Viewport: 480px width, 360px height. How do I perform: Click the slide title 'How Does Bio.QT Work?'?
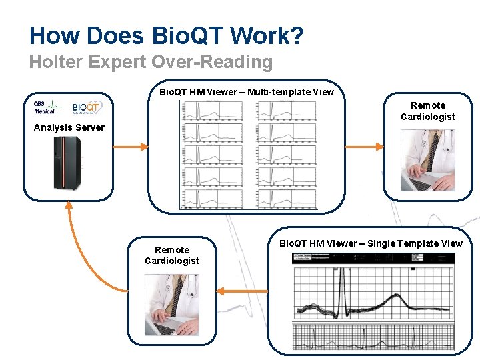coord(167,35)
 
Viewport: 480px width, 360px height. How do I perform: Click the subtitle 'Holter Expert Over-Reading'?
coord(151,63)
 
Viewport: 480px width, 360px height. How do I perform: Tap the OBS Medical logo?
coord(47,107)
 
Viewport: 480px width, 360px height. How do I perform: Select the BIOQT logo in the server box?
coord(87,107)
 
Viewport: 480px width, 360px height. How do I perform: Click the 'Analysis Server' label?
coord(69,127)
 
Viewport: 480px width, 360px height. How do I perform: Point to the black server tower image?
coord(67,163)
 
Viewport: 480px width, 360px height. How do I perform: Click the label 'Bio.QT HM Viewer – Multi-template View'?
coord(247,92)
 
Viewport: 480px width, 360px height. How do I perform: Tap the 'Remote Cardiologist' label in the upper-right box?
coord(428,111)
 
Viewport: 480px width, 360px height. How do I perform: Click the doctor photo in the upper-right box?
coord(428,160)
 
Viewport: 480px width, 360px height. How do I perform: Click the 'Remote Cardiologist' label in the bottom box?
coord(172,255)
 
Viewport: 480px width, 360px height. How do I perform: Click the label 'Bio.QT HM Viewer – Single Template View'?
coord(371,243)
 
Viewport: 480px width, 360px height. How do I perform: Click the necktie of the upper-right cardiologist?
coord(433,150)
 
